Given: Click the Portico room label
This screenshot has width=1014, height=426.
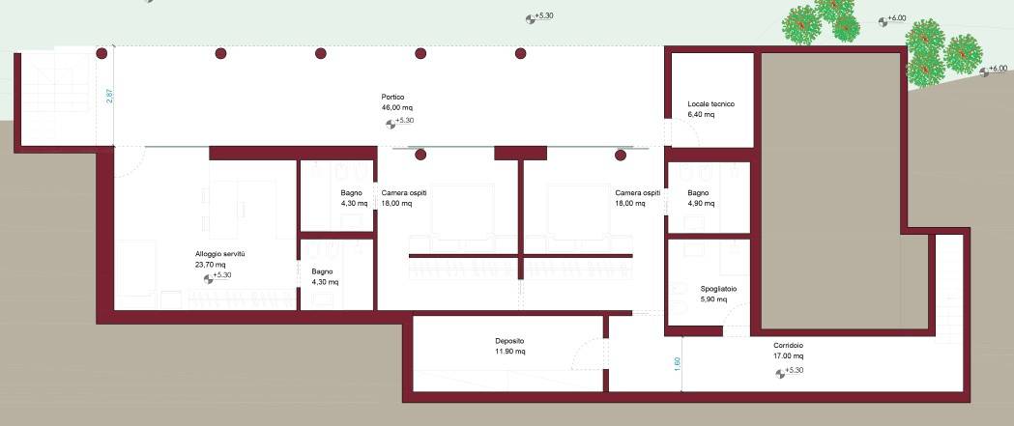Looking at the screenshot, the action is [x=392, y=97].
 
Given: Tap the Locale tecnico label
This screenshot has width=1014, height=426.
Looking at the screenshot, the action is [x=710, y=104].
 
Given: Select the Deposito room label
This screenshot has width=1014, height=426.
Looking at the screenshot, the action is [x=509, y=341].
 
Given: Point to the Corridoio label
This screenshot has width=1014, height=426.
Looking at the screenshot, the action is [x=788, y=346].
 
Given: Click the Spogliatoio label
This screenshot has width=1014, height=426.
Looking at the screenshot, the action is [x=718, y=289].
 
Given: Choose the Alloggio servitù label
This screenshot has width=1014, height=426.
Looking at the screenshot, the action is [x=219, y=254].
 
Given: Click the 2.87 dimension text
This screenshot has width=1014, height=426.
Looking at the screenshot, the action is [x=109, y=96].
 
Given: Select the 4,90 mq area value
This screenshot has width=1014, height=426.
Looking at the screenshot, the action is [x=701, y=204].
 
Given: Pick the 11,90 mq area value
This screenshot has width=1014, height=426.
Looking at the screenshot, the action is [x=510, y=352].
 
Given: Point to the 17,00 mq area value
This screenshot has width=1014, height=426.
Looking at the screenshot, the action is [x=789, y=356].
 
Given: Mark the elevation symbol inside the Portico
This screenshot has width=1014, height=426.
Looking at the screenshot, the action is [x=391, y=124].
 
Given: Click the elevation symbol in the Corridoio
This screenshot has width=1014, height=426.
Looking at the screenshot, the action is [x=780, y=373].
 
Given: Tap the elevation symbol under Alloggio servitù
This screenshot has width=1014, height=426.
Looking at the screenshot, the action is [x=208, y=278].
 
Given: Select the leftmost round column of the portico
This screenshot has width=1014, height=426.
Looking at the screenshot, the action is [x=101, y=53].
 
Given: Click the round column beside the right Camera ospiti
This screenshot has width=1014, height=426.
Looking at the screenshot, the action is [x=621, y=156].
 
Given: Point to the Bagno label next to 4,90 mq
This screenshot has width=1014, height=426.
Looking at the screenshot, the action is [x=698, y=193].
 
